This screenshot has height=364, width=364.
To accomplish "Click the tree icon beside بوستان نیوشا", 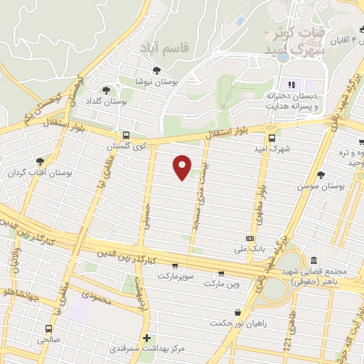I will pyautogui.click(x=156, y=70).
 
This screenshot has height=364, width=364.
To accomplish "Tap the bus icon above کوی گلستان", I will pyautogui.click(x=126, y=135).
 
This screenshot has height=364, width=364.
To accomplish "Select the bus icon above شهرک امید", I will pyautogui.click(x=271, y=138).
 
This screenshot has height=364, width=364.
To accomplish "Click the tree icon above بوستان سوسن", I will pyautogui.click(x=321, y=174).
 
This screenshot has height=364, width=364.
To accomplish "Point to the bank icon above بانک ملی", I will pyautogui.click(x=250, y=238).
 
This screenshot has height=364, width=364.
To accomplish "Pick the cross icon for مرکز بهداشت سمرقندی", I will pyautogui.click(x=146, y=338).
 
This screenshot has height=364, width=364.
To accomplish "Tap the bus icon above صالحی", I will pyautogui.click(x=49, y=328).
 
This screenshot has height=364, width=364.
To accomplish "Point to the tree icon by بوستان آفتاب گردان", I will pyautogui.click(x=40, y=161).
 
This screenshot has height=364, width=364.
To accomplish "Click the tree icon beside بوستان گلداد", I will pyautogui.click(x=106, y=90).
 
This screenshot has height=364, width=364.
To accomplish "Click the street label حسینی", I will pyautogui.click(x=149, y=213).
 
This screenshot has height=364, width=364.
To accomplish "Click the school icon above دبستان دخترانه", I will pyautogui.click(x=291, y=85).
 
